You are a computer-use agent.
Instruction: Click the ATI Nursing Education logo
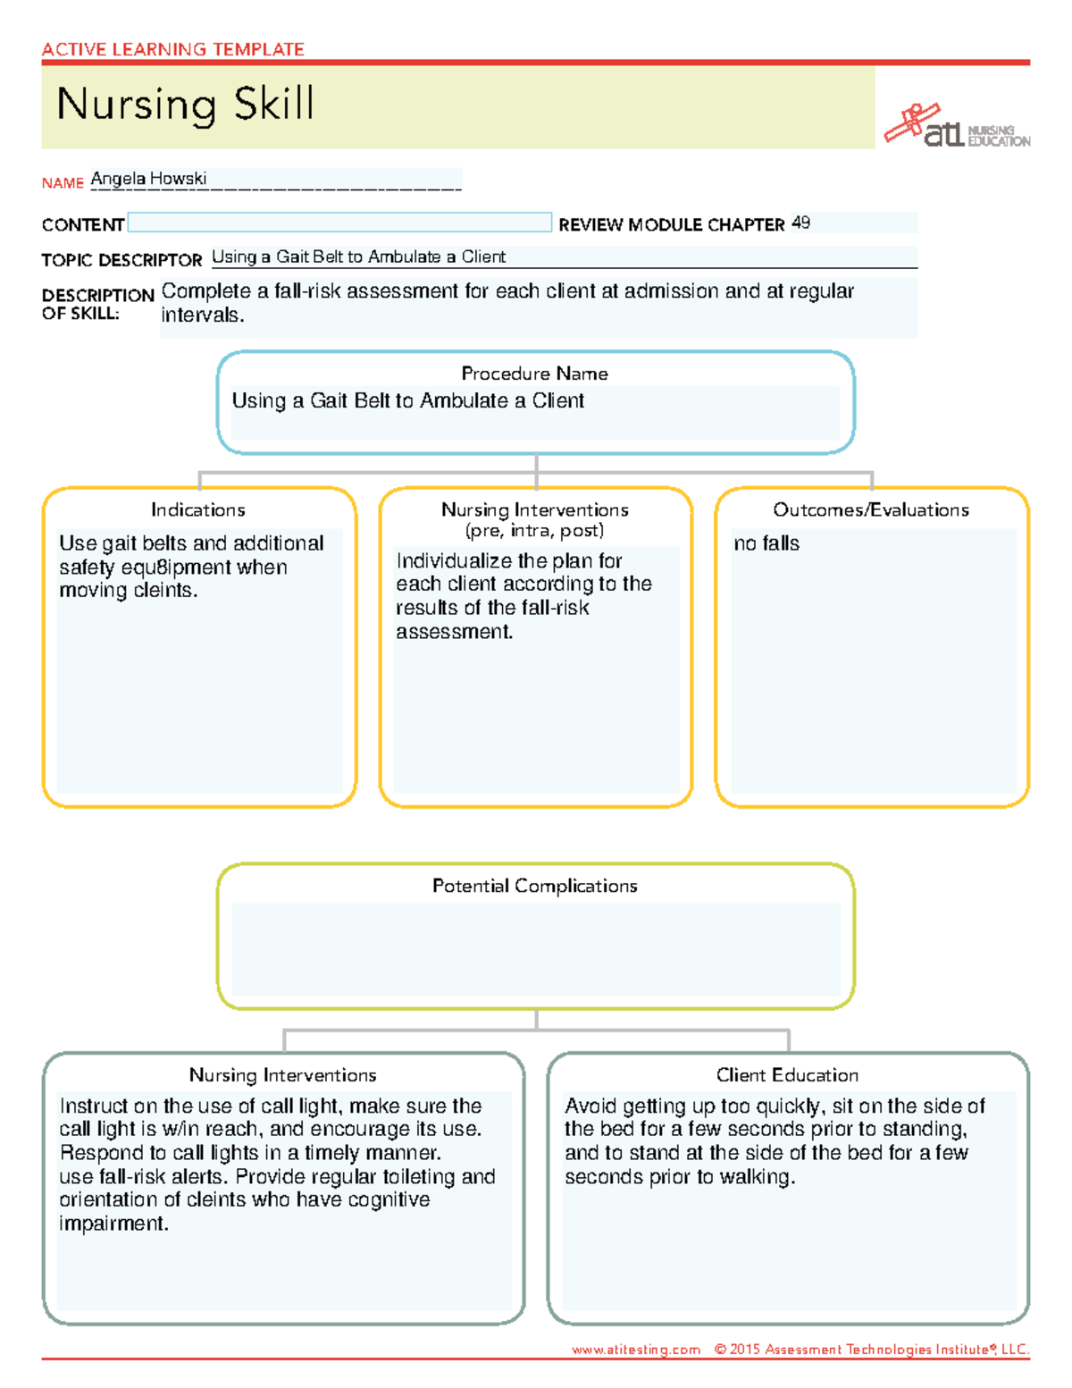957,127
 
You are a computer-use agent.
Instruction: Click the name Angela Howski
148,179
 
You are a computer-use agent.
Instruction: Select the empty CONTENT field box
339,223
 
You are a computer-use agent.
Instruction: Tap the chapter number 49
800,223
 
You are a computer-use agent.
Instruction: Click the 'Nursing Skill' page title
185,105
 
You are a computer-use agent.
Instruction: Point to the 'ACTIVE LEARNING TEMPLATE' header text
172,49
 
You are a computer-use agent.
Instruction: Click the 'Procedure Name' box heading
534,374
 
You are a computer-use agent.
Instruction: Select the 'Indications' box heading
198,510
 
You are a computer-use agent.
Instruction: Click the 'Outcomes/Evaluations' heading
871,510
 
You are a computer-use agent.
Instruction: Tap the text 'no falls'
766,543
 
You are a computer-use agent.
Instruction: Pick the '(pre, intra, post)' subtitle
534,531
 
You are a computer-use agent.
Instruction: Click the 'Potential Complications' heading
534,886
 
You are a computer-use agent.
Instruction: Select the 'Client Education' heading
787,1075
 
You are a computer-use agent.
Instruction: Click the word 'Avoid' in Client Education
590,1106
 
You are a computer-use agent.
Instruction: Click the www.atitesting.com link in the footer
636,1350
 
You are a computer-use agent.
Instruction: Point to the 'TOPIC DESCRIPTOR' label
121,260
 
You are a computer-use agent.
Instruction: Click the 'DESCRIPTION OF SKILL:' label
96,304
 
